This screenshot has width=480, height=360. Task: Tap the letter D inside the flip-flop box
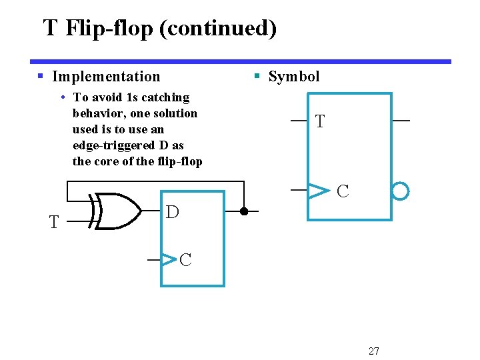click(172, 213)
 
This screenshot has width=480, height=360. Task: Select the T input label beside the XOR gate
click(54, 222)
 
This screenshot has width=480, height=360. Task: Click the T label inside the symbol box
click(320, 122)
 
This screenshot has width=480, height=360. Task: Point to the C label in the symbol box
click(343, 192)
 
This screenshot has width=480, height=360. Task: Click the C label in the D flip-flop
click(185, 260)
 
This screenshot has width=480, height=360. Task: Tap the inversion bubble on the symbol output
click(400, 192)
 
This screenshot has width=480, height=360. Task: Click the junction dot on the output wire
click(244, 212)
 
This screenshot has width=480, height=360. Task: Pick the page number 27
click(373, 351)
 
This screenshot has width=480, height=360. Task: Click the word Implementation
click(106, 77)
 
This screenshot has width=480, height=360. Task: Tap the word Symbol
click(294, 77)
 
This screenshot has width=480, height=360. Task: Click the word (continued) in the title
click(217, 29)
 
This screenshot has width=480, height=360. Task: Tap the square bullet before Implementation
click(41, 77)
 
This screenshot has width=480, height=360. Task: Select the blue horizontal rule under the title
click(240, 61)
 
